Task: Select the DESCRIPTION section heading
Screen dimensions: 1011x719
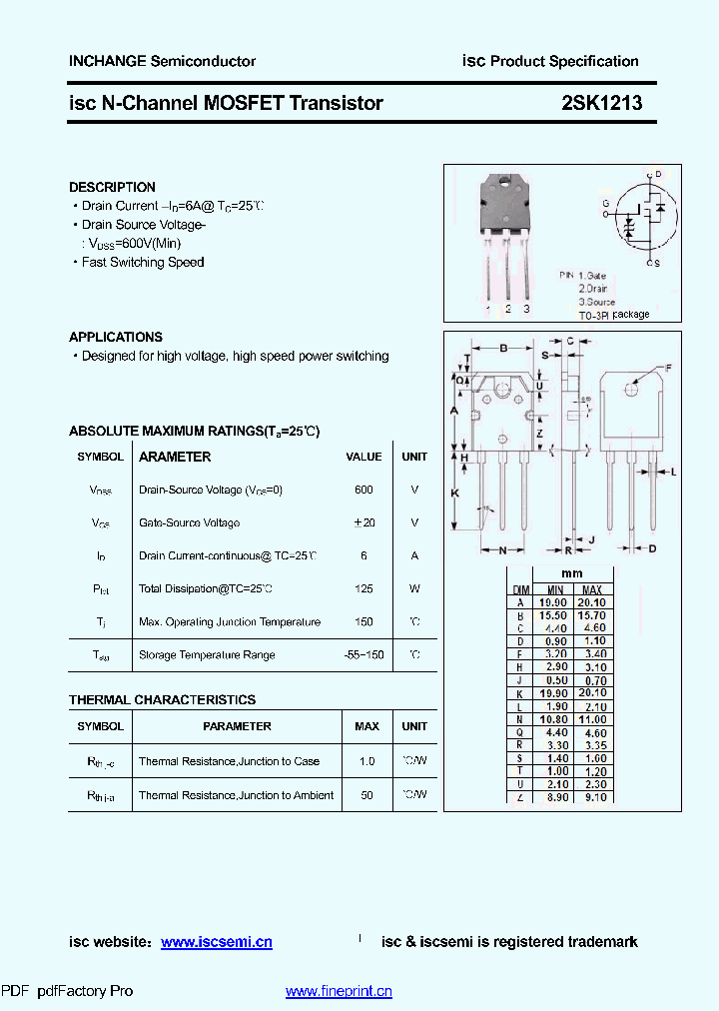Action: [112, 187]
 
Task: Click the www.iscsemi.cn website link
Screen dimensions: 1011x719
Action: [217, 942]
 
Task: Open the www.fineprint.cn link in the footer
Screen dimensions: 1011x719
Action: [339, 991]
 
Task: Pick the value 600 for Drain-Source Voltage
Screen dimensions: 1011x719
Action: [363, 490]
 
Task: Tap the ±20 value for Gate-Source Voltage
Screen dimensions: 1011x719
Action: [363, 522]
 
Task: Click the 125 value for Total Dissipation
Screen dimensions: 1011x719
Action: [363, 588]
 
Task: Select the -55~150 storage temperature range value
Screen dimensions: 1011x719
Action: [363, 654]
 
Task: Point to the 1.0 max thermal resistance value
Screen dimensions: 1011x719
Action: [366, 761]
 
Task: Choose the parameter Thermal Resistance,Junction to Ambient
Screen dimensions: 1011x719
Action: [237, 795]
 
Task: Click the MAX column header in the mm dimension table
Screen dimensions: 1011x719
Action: [591, 589]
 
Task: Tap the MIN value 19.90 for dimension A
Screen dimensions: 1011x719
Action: [552, 602]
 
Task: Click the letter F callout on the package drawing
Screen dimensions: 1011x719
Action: [668, 369]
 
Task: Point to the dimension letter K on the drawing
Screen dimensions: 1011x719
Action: [454, 494]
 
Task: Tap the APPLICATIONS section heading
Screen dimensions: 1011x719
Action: [116, 337]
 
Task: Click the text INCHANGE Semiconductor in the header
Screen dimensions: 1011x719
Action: [162, 61]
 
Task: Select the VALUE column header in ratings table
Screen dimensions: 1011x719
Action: [363, 457]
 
